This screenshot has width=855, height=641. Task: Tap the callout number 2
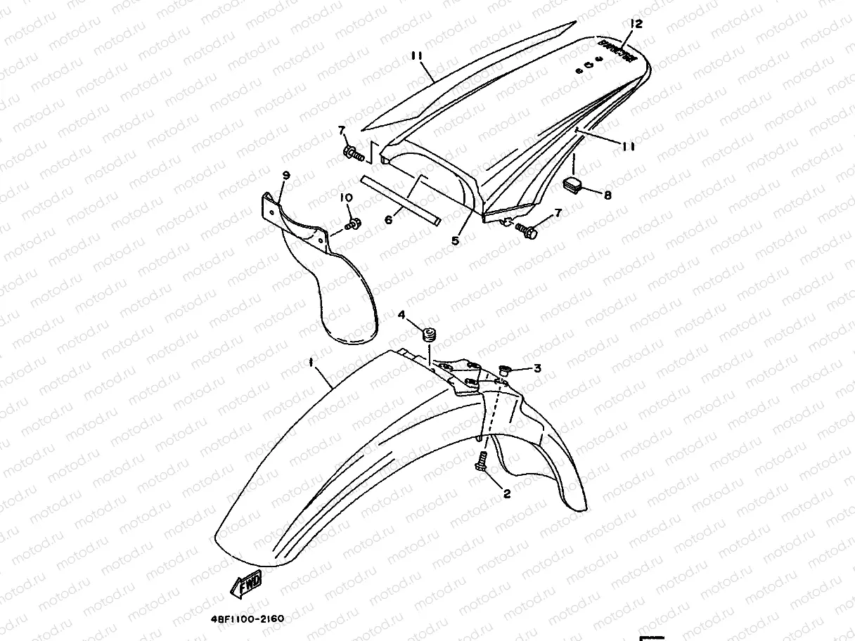pyautogui.click(x=507, y=493)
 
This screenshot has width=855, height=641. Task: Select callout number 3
pyautogui.click(x=536, y=368)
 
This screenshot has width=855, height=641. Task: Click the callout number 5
pyautogui.click(x=455, y=240)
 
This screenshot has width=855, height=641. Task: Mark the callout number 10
pyautogui.click(x=345, y=199)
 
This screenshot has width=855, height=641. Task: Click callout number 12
pyautogui.click(x=636, y=24)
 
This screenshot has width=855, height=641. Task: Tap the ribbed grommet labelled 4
pyautogui.click(x=426, y=335)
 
